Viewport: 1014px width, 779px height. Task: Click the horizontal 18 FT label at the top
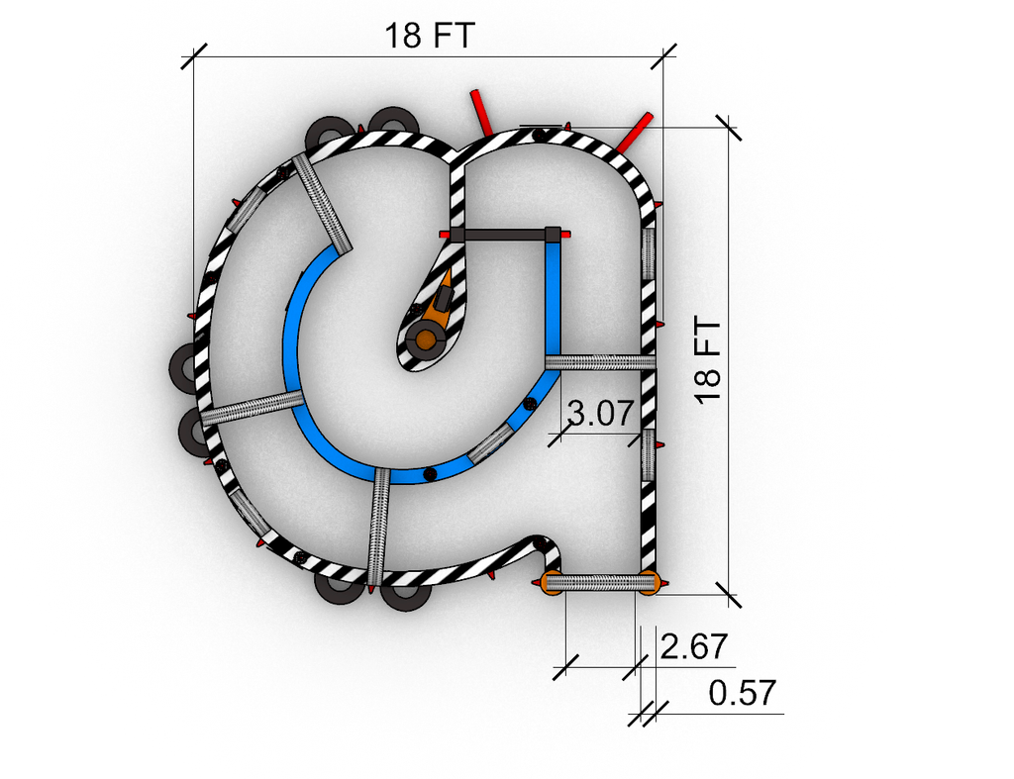(430, 36)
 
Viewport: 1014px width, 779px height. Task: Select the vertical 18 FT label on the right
(708, 360)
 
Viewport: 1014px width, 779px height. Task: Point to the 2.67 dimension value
(694, 645)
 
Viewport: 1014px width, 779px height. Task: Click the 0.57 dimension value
(742, 693)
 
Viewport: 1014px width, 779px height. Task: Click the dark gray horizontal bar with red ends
(504, 234)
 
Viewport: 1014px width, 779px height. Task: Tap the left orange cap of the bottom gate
(552, 583)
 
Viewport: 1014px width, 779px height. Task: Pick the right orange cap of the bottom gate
(649, 583)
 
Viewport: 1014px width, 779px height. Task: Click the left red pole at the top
(482, 112)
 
